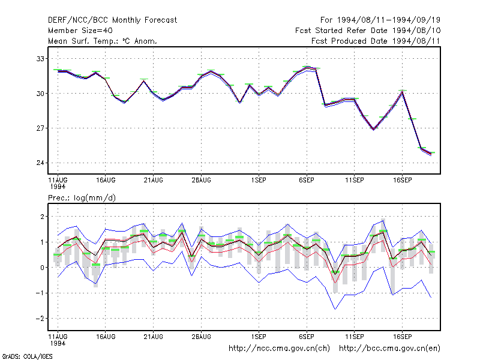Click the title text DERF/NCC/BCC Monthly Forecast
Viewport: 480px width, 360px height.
(112, 20)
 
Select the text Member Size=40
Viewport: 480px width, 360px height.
(80, 31)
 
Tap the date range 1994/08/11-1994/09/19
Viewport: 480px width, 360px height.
(388, 20)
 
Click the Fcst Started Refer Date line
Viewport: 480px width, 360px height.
(368, 31)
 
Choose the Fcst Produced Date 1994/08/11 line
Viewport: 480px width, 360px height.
(376, 41)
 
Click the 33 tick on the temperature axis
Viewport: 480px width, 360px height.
(40, 58)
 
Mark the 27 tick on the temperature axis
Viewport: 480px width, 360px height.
(40, 128)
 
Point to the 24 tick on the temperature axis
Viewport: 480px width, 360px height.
(40, 163)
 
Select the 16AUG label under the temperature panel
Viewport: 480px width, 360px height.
(106, 181)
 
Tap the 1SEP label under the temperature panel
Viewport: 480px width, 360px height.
(259, 181)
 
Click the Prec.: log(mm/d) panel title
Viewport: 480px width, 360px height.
(82, 198)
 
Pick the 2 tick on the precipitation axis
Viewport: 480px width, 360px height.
(42, 217)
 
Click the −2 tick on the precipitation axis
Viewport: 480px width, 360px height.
(40, 319)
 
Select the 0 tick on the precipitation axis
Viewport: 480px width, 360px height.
(42, 268)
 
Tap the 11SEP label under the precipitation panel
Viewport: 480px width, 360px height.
(355, 337)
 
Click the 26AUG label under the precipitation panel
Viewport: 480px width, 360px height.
(202, 337)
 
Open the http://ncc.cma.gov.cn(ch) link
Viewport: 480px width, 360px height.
(279, 349)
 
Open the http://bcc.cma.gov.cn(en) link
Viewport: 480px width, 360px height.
(389, 349)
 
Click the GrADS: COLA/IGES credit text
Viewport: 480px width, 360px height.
(27, 356)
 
